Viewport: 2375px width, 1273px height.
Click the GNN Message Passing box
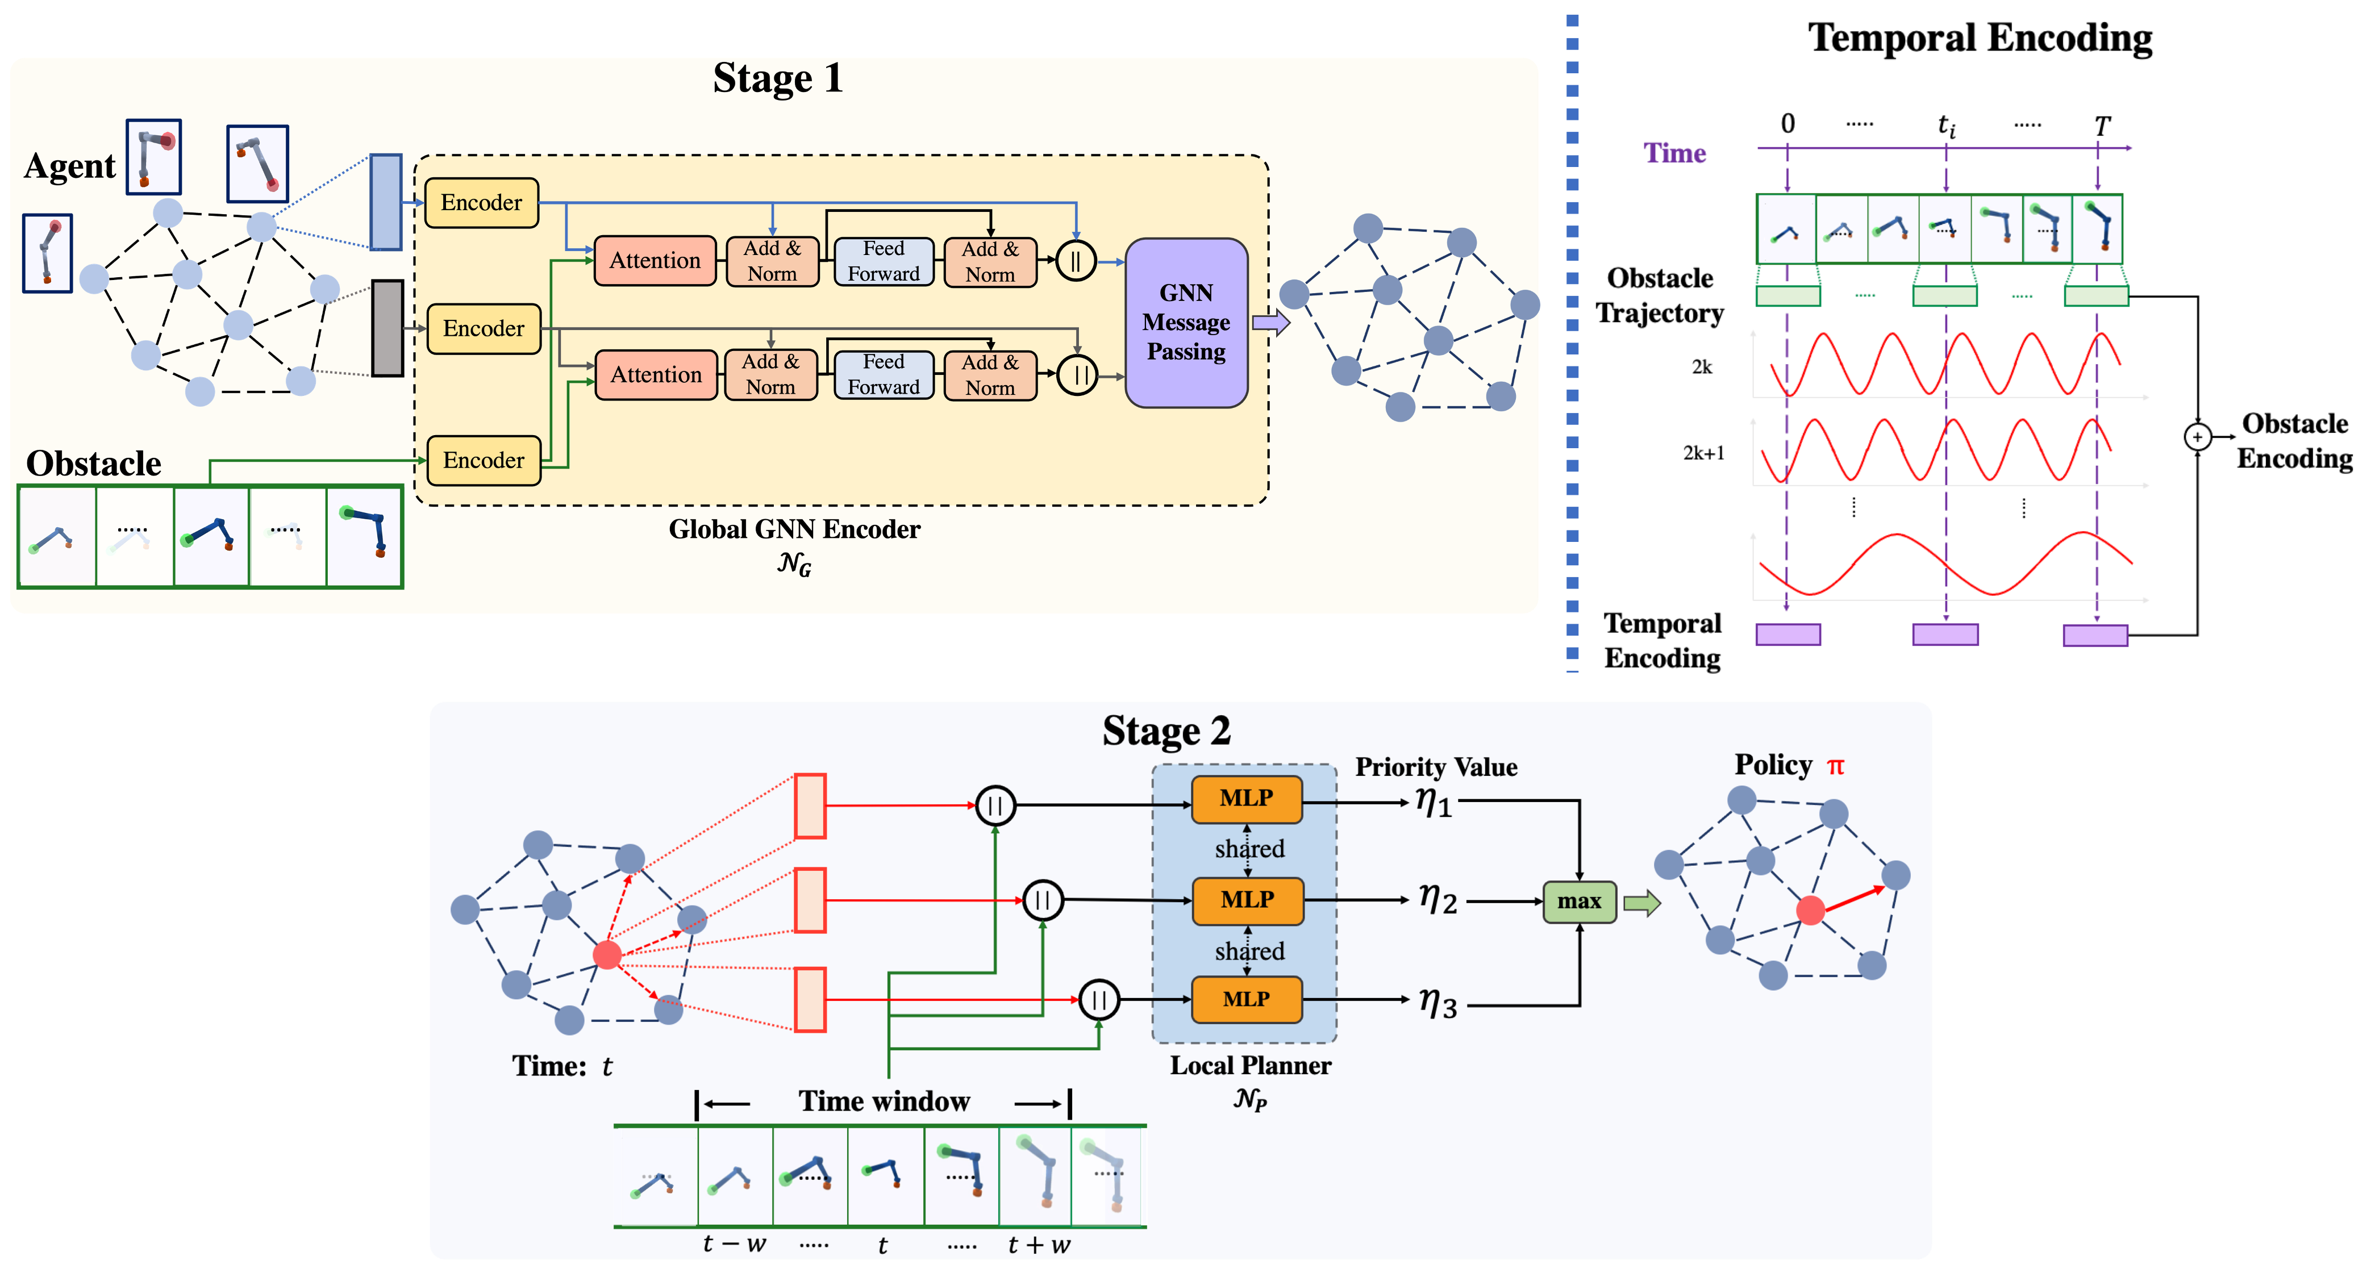(1186, 323)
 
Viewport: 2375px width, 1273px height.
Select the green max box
(1578, 901)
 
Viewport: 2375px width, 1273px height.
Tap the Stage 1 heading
(777, 78)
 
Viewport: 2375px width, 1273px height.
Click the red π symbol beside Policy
(1835, 766)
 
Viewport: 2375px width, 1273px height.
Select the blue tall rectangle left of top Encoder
(385, 202)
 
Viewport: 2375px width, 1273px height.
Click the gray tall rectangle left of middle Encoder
(388, 328)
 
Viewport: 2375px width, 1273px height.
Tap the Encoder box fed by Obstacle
(483, 460)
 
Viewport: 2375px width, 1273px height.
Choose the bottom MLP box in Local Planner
(1247, 999)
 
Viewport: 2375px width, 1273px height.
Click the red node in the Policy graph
(1810, 911)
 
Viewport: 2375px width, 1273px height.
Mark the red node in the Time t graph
(607, 954)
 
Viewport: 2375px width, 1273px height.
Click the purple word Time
(1674, 153)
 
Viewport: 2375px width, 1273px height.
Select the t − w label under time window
(734, 1245)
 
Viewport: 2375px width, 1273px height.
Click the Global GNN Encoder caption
(794, 529)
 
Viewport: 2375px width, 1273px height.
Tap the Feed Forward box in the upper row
(884, 261)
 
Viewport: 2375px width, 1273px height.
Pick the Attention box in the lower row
(656, 375)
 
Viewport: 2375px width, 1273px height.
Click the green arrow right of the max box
(1641, 903)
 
